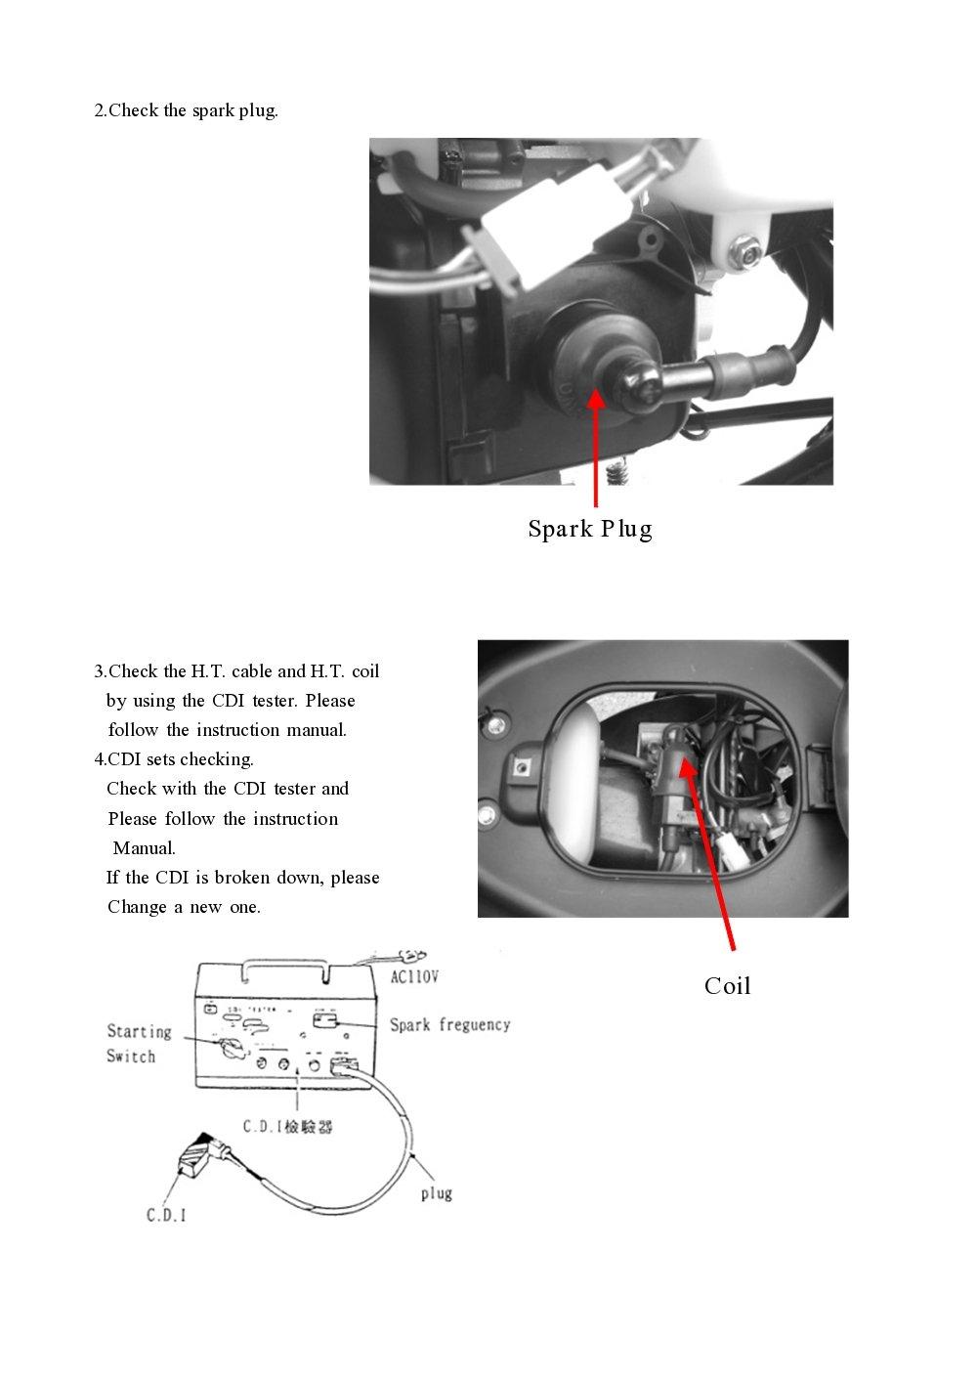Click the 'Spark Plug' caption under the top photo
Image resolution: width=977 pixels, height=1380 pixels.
point(590,529)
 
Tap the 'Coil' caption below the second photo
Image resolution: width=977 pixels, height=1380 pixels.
point(727,985)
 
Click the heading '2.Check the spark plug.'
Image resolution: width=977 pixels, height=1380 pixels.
point(186,110)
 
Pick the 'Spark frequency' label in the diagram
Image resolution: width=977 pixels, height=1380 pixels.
point(449,1024)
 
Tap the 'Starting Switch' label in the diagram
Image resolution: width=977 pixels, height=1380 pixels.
point(138,1044)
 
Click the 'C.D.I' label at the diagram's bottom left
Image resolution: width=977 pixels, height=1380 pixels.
point(166,1215)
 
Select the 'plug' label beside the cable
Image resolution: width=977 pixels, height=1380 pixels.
point(436,1192)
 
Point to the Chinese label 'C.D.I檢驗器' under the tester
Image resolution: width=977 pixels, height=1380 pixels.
point(287,1127)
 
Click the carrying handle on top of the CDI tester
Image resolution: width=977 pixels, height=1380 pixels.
point(287,962)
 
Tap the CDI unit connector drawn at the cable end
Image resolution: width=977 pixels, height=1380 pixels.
point(200,1157)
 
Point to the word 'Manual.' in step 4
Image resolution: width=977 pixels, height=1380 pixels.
point(145,847)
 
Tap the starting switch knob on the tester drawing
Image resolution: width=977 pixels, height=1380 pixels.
point(232,1049)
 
